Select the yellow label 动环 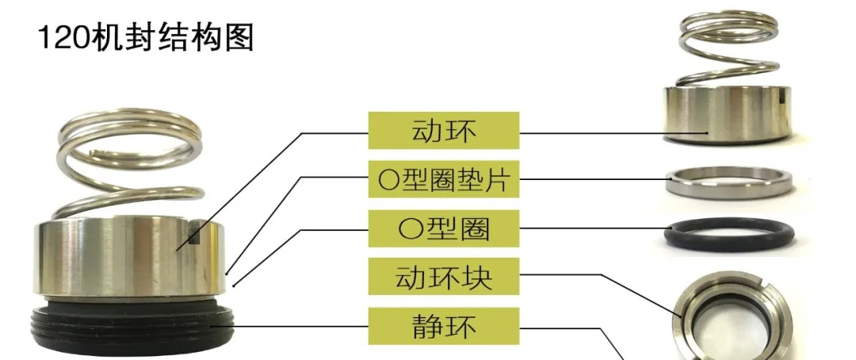444,130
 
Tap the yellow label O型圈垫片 444,181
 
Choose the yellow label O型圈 444,229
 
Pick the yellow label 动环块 444,278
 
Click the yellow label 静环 444,325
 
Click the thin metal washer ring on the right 728,183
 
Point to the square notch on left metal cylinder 198,233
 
